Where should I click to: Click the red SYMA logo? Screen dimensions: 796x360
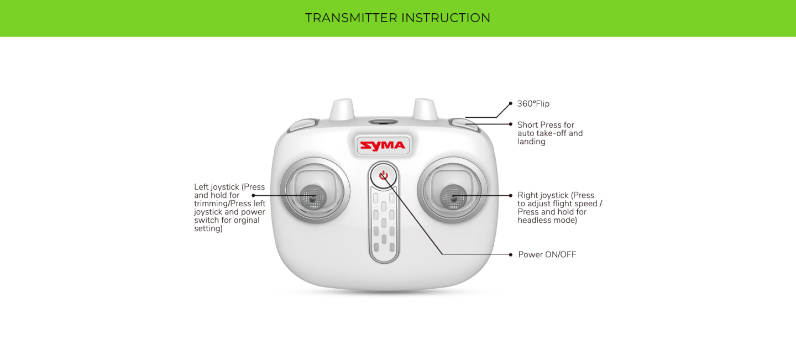(x=383, y=145)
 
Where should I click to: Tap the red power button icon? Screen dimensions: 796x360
(x=384, y=175)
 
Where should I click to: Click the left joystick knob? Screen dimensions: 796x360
(x=313, y=197)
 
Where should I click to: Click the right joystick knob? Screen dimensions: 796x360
(x=453, y=197)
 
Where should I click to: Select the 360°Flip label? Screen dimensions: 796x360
(x=533, y=104)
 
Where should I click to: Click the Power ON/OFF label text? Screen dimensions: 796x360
(x=547, y=254)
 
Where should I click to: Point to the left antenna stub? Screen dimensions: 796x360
(x=342, y=109)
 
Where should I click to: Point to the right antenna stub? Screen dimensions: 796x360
(x=425, y=109)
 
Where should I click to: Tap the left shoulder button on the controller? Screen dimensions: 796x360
(x=303, y=125)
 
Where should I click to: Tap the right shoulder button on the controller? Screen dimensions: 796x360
(x=464, y=125)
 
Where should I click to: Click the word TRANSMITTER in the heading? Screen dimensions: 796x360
(x=351, y=18)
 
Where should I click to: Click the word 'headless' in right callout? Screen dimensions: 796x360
(x=532, y=220)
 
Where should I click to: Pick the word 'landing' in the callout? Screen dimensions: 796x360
(x=531, y=142)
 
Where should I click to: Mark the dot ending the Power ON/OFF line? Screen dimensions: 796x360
(x=511, y=255)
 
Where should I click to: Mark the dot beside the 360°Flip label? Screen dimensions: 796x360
(x=511, y=103)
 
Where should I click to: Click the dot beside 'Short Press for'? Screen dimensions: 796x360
(x=511, y=124)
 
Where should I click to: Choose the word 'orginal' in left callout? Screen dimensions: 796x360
(x=247, y=220)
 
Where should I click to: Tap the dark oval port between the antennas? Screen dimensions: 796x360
(x=383, y=122)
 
